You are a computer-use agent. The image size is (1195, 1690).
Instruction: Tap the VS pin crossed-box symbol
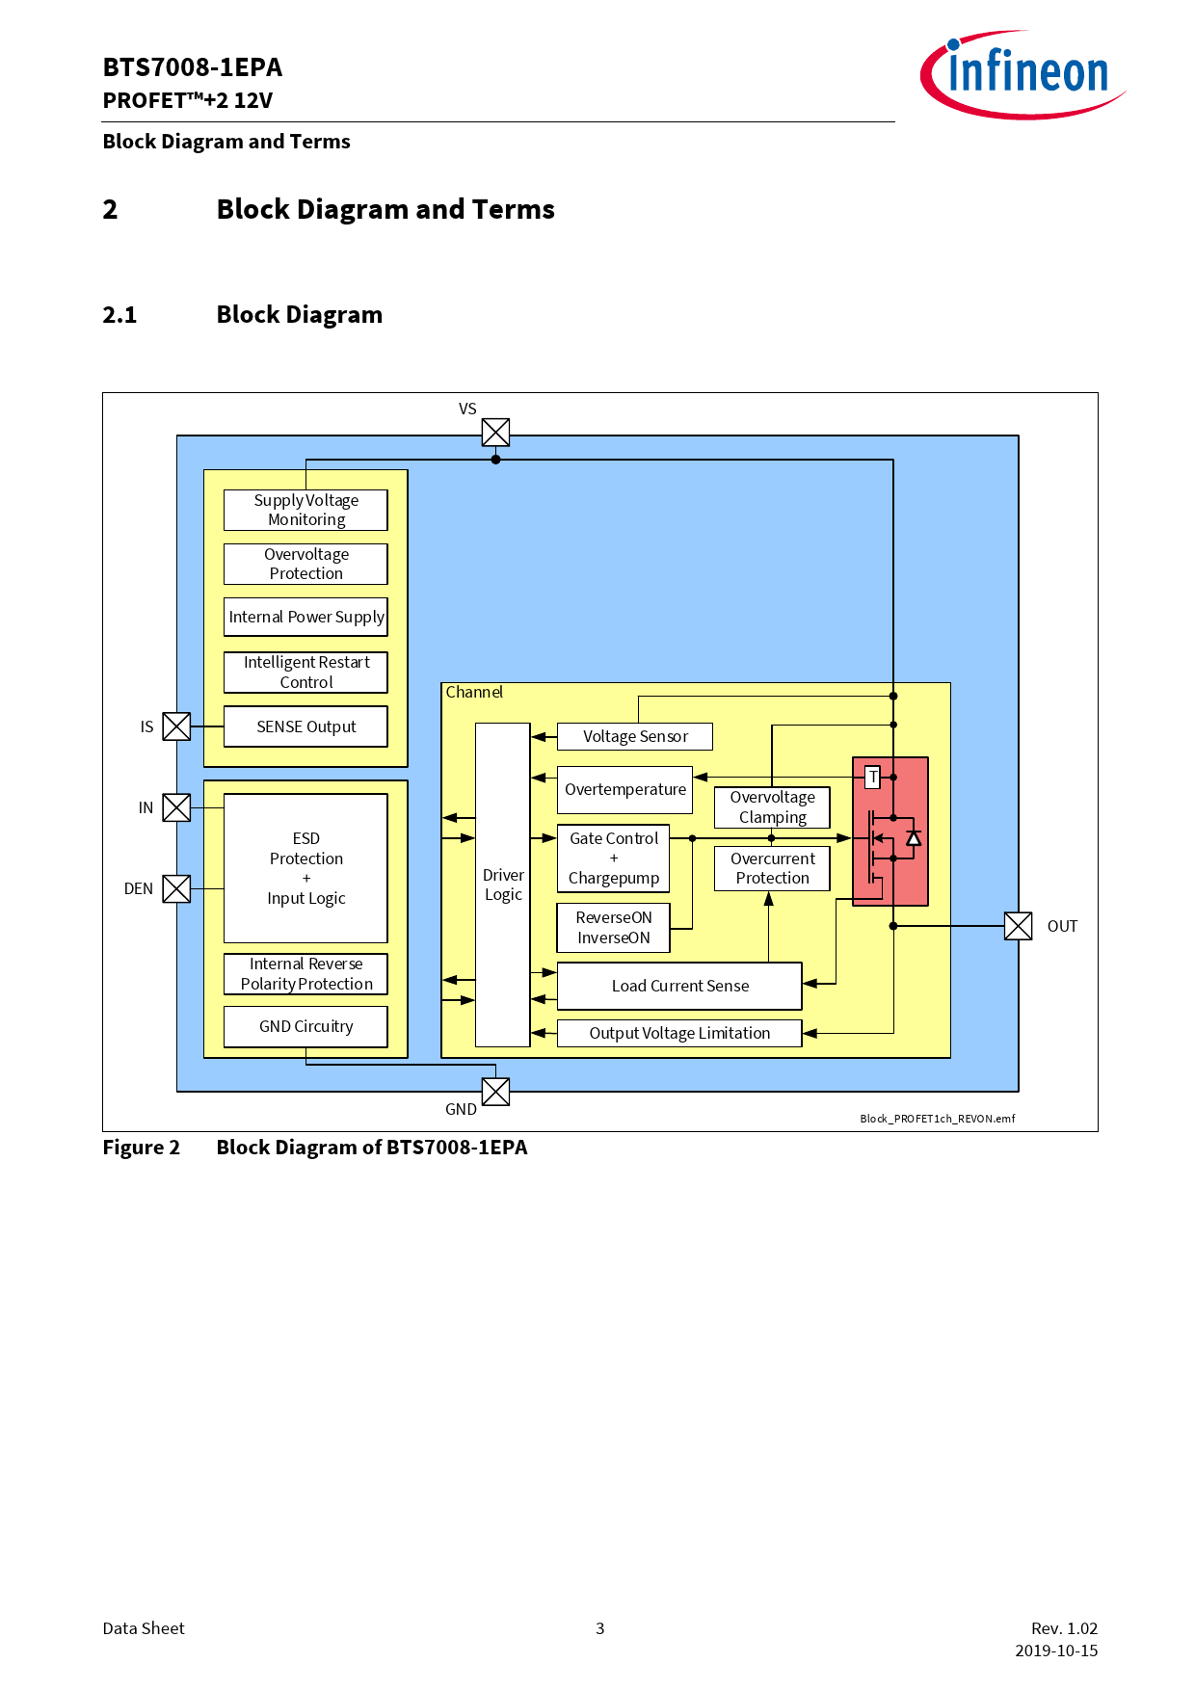tap(495, 432)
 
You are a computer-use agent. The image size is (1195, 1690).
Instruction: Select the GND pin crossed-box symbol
tap(495, 1092)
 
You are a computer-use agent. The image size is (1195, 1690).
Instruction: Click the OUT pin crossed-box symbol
tap(1018, 926)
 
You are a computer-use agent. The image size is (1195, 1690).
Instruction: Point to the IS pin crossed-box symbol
tap(176, 726)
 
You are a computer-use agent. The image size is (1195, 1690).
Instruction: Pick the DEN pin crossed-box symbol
tap(176, 888)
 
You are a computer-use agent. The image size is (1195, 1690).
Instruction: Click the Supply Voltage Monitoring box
tap(305, 510)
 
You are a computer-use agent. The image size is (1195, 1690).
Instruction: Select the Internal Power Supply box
tap(305, 617)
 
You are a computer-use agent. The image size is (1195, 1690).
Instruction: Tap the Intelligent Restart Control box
tap(305, 673)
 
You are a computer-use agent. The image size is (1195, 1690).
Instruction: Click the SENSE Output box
tap(305, 726)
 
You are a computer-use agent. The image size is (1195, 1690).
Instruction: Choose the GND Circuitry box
tap(305, 1026)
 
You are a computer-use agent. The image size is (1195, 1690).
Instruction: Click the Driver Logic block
tap(503, 885)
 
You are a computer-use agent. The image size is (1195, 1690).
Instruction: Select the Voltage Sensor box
tap(635, 736)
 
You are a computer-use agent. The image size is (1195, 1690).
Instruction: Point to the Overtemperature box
tap(624, 790)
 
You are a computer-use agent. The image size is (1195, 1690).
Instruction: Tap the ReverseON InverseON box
tap(613, 928)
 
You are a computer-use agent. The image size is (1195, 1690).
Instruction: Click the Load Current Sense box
tap(679, 986)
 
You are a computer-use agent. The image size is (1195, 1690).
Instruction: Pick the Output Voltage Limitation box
tap(679, 1033)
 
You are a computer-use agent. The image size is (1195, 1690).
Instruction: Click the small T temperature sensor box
tap(873, 777)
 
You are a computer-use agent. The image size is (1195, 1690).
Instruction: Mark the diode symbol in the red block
tap(914, 838)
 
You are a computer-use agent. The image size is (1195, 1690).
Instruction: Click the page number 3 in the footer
tap(599, 1628)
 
